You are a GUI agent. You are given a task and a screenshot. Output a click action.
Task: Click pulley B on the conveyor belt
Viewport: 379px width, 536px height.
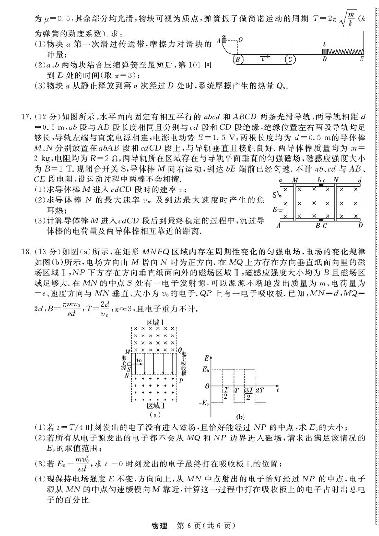point(239,60)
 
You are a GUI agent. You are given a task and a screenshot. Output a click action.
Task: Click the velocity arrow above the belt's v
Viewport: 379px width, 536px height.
point(264,55)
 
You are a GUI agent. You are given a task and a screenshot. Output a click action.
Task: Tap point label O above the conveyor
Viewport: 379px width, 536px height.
point(241,40)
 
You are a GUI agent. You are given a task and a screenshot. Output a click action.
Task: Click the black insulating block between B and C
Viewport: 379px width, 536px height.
point(322,221)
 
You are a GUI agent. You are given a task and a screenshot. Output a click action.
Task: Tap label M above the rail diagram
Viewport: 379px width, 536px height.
point(295,180)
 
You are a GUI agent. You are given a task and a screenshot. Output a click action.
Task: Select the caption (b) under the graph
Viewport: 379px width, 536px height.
point(240,417)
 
